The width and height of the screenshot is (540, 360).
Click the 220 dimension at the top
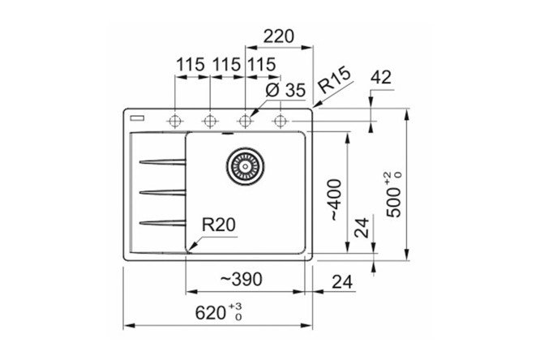[277, 36]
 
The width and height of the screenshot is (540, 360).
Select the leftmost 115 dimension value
[190, 64]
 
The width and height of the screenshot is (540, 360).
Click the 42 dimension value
[380, 78]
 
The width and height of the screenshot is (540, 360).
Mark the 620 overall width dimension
[214, 311]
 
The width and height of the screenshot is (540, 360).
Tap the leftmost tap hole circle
[174, 121]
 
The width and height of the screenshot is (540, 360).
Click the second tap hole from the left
[209, 121]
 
